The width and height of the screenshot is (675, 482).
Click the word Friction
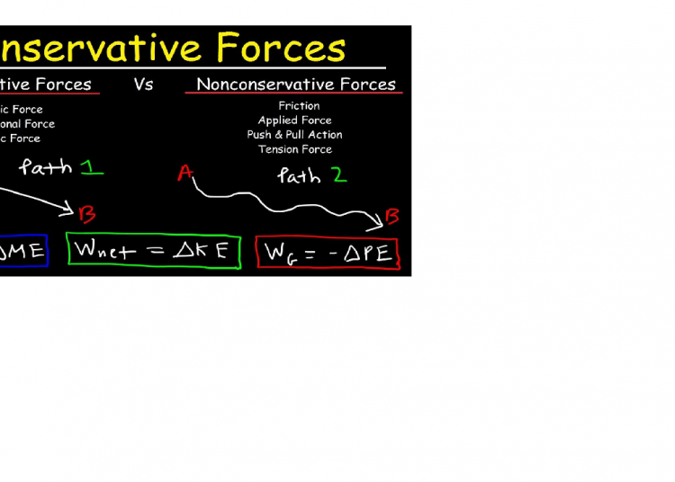pos(298,106)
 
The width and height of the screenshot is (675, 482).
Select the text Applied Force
pos(294,120)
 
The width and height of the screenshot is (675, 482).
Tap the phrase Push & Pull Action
pos(294,135)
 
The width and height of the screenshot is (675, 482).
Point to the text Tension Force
pos(294,149)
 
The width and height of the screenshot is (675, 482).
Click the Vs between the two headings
pos(143,85)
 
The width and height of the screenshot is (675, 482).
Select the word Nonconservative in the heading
pos(254,85)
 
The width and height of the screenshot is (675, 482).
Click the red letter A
pos(185,173)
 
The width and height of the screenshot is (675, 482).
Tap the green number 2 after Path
pos(337,175)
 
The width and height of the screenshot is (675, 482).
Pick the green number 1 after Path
pos(92,167)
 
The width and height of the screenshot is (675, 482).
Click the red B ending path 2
pos(392,216)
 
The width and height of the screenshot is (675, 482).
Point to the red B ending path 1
pos(87,214)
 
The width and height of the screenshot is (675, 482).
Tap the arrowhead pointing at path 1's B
pos(67,210)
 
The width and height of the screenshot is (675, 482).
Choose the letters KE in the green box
pos(216,252)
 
